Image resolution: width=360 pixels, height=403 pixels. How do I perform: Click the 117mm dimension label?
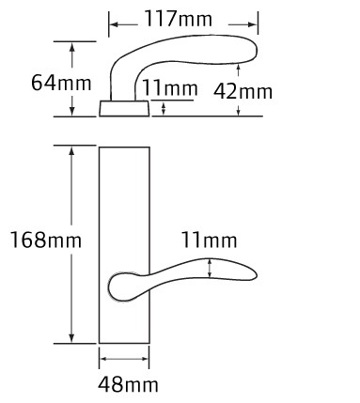[x=178, y=19]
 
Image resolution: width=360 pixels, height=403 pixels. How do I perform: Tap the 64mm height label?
[x=61, y=83]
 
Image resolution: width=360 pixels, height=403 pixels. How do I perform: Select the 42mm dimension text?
[x=243, y=91]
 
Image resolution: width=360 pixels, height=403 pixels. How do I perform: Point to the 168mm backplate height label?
[x=46, y=240]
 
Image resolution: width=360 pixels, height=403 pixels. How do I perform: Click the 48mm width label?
[x=128, y=384]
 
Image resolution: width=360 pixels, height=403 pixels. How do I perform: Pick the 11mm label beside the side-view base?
[x=170, y=87]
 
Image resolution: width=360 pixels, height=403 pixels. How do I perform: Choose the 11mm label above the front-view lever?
[x=209, y=240]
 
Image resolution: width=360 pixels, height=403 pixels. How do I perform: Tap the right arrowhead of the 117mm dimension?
[x=252, y=24]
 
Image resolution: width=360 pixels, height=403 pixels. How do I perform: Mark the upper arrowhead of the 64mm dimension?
[x=72, y=47]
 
